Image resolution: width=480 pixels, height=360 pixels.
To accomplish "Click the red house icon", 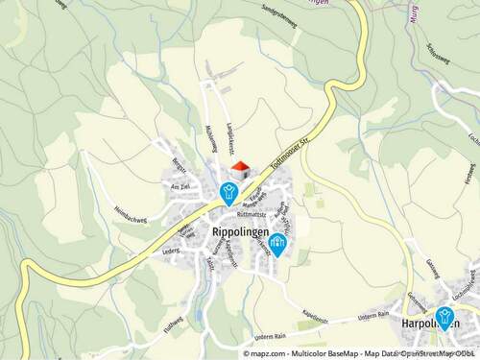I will (240, 169).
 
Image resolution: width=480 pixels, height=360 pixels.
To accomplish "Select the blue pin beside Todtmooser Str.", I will (228, 192).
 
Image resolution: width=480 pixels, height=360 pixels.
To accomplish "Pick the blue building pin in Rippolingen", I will (277, 244).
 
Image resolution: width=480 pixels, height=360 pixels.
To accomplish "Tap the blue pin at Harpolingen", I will (444, 316).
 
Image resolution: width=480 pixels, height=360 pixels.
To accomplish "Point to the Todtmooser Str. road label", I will (296, 155).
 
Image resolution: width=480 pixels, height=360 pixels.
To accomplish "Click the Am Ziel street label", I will (180, 186).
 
